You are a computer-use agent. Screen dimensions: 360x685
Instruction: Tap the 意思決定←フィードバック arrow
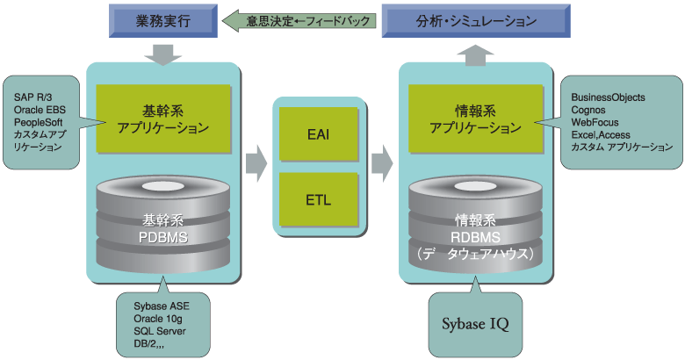pos(298,19)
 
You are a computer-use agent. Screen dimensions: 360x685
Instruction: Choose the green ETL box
pos(318,198)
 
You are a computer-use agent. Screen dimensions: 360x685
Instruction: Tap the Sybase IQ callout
pos(475,322)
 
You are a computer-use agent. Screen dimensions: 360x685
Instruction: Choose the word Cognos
pos(588,109)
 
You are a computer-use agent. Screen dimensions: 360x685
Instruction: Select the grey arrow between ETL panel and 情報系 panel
pos(381,162)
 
